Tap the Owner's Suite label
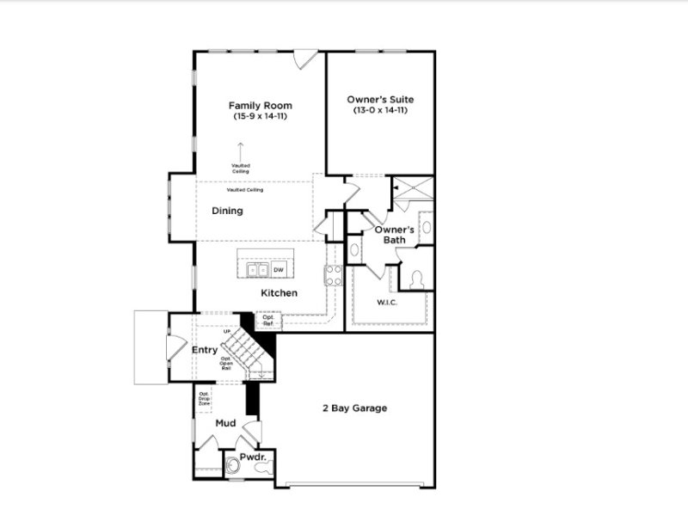tap(379, 100)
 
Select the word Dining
tap(228, 211)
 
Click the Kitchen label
tap(279, 293)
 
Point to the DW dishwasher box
tap(278, 270)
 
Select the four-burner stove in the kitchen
tap(333, 275)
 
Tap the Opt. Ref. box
tap(267, 320)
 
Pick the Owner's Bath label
tap(395, 235)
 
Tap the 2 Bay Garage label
tap(353, 408)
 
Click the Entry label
tap(204, 350)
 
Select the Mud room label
tap(225, 423)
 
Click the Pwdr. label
tap(251, 457)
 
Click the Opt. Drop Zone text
tap(205, 398)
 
